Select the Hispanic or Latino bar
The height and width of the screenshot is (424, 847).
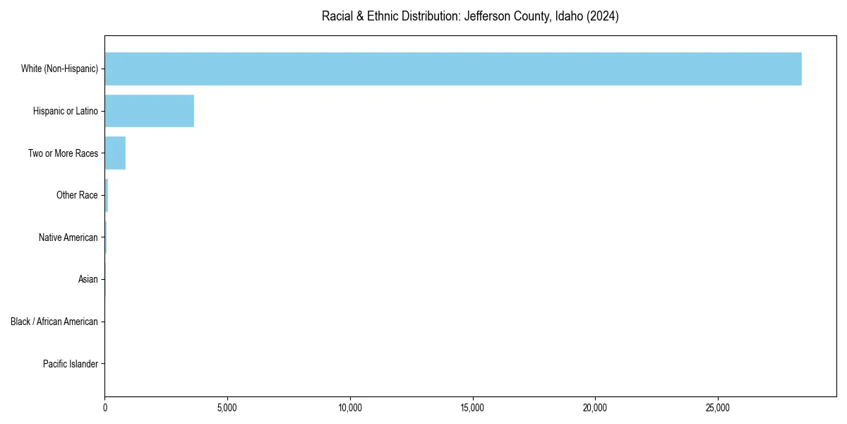[x=149, y=111]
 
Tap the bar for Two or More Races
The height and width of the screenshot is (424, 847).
[x=115, y=153]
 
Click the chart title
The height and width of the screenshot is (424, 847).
[x=470, y=16]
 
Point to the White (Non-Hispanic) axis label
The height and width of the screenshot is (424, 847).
[x=59, y=69]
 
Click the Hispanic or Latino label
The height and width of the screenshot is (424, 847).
[x=66, y=111]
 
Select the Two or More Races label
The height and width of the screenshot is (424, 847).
[x=63, y=153]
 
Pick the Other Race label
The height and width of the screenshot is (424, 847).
[x=77, y=195]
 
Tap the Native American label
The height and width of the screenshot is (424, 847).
[x=68, y=237]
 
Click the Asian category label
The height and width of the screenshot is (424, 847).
[x=88, y=280]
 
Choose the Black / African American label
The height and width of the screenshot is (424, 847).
[x=54, y=322]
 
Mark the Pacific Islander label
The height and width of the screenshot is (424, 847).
[x=71, y=364]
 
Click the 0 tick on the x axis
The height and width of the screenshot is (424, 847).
[x=105, y=407]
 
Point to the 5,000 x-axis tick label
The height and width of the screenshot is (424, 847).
[x=227, y=407]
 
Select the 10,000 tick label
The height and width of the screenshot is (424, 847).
[x=350, y=407]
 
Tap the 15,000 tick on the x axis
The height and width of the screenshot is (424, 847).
[x=472, y=407]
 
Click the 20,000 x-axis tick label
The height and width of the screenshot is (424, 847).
[x=595, y=407]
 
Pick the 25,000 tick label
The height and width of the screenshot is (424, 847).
[x=718, y=407]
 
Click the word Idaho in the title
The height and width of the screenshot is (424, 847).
[x=569, y=16]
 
